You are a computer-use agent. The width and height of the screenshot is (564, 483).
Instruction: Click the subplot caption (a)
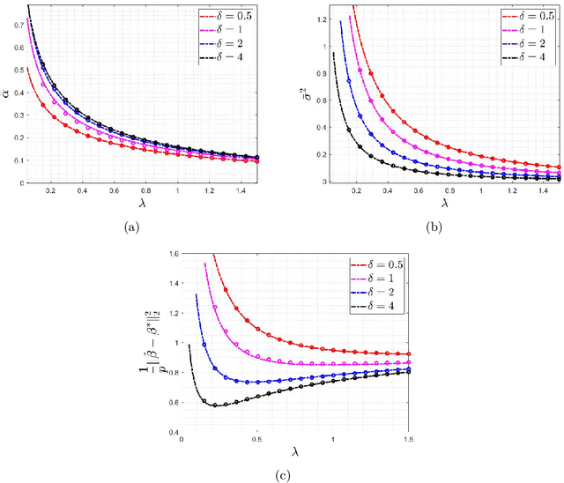(x=131, y=227)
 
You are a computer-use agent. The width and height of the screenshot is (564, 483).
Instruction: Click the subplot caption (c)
(x=281, y=477)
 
